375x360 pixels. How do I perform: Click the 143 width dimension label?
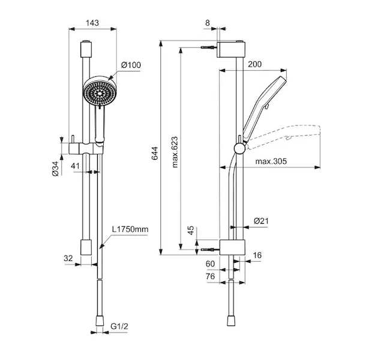pos(92,23)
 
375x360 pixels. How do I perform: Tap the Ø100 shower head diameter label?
pos(131,65)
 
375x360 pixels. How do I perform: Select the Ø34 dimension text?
pos(55,169)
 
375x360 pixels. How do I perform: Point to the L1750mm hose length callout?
pos(130,229)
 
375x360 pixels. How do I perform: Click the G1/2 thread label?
pos(119,326)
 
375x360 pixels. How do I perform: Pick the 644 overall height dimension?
pos(155,153)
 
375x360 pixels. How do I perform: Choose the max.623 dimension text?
pos(175,152)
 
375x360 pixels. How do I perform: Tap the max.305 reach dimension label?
pos(271,161)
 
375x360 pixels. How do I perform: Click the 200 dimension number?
pos(255,64)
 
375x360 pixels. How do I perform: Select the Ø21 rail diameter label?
pos(261,221)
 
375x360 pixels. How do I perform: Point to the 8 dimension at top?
pos(208,23)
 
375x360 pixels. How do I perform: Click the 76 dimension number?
pos(210,277)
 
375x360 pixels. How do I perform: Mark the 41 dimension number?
pos(75,166)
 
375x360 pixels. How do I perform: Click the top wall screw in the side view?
pos(209,47)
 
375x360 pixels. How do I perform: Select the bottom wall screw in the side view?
pos(211,250)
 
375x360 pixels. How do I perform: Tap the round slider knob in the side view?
pos(239,148)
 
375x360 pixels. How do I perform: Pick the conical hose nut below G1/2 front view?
pos(100,321)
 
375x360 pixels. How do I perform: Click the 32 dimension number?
pos(68,259)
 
